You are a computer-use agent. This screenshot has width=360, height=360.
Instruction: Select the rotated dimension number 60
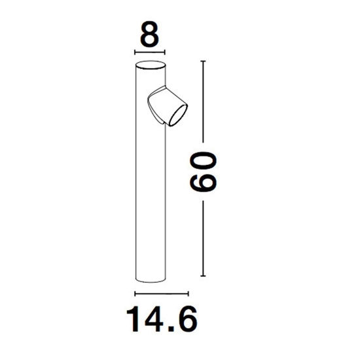pyautogui.click(x=203, y=171)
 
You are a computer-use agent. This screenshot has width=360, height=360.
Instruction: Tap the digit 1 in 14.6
pyautogui.click(x=133, y=319)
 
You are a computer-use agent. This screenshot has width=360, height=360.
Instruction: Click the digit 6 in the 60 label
pyautogui.click(x=203, y=182)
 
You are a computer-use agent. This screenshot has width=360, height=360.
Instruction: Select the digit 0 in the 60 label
pyautogui.click(x=203, y=161)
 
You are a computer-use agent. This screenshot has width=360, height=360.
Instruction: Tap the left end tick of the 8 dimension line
pyautogui.click(x=135, y=52)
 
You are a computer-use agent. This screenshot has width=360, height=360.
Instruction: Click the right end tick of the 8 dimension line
pyautogui.click(x=164, y=52)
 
